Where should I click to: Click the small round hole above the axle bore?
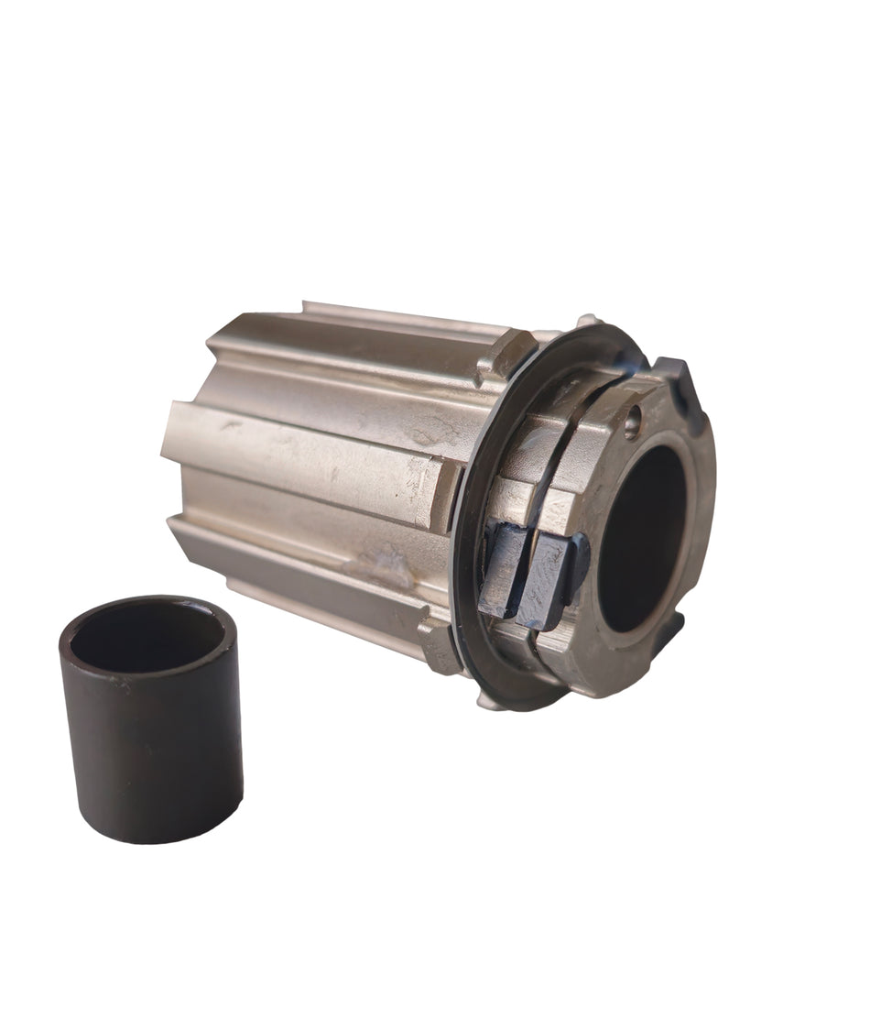pyautogui.click(x=632, y=423)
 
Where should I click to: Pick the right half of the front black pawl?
pyautogui.click(x=552, y=579)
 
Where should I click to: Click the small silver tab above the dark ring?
pyautogui.click(x=586, y=323)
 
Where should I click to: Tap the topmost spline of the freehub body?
pyautogui.click(x=403, y=316)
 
